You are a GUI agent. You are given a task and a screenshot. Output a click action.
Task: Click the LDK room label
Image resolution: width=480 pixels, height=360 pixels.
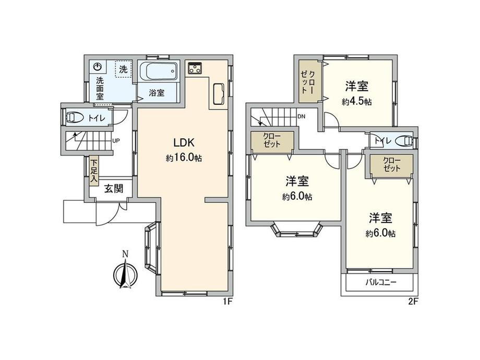tap(184, 142)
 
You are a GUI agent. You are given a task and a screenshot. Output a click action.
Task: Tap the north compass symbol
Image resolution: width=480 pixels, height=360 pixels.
tap(125, 270)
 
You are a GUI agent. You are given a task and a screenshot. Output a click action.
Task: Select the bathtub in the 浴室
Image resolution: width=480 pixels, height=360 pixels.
tap(158, 71)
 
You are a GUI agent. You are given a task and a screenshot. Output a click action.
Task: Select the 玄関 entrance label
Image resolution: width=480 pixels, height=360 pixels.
tap(114, 188)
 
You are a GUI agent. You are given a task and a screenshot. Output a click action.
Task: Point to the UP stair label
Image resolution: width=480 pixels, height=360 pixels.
tap(116, 141)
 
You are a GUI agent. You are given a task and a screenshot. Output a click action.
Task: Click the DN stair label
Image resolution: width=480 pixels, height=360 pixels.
tap(301, 117)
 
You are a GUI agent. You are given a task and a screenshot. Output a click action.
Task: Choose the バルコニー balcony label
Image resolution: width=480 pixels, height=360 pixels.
tap(381, 282)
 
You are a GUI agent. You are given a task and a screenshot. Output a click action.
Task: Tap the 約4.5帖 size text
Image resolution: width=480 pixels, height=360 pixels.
tap(357, 102)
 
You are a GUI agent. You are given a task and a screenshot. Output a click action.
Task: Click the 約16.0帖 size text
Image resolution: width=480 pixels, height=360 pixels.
tap(184, 158)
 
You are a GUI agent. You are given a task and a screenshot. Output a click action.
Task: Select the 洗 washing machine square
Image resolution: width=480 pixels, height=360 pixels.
tap(123, 69)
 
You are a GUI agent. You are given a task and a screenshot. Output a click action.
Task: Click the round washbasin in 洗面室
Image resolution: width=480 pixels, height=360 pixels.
tap(98, 67)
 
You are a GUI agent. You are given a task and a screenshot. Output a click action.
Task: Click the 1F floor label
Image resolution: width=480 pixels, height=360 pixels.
tap(228, 302)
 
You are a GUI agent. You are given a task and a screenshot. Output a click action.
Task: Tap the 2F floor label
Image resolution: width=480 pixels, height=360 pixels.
tap(413, 302)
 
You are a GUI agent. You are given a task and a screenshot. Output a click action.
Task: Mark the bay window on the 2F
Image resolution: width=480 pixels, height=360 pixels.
tap(297, 230)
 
